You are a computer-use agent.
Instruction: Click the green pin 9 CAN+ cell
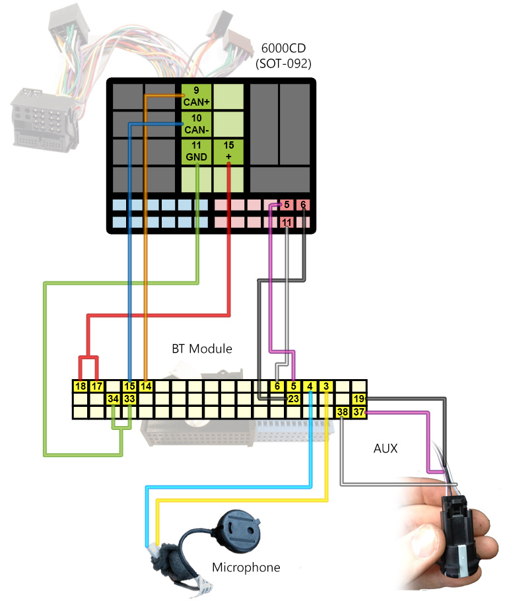197,96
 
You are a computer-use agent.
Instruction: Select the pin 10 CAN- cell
197,124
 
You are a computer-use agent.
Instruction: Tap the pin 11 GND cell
197,151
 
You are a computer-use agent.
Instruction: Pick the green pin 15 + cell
228,151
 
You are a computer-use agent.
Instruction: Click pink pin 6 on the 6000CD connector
303,205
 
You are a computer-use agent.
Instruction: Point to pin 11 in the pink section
287,223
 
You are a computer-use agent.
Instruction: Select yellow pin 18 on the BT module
81,386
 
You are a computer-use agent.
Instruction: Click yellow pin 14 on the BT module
146,386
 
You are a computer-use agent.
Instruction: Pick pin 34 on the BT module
114,399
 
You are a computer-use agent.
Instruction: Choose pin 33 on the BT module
129,399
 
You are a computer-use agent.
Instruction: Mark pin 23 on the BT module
294,399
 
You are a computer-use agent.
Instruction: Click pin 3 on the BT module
326,386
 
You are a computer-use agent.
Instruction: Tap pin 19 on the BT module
358,399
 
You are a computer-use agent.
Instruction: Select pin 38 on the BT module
343,412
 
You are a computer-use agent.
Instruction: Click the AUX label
386,448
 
